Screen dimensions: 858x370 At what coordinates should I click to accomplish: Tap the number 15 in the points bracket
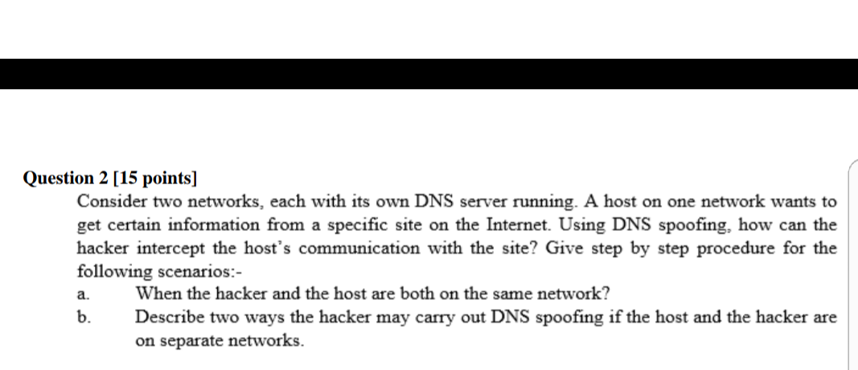[128, 178]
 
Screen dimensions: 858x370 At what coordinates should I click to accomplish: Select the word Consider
[110, 201]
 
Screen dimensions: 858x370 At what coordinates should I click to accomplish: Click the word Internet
[521, 224]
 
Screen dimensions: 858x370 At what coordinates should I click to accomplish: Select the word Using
[585, 224]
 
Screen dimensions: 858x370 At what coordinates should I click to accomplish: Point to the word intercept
[171, 248]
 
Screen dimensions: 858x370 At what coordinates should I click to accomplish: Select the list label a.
[83, 295]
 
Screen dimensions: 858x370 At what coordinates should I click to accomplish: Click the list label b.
[83, 317]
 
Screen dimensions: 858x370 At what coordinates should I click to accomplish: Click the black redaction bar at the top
[429, 74]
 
